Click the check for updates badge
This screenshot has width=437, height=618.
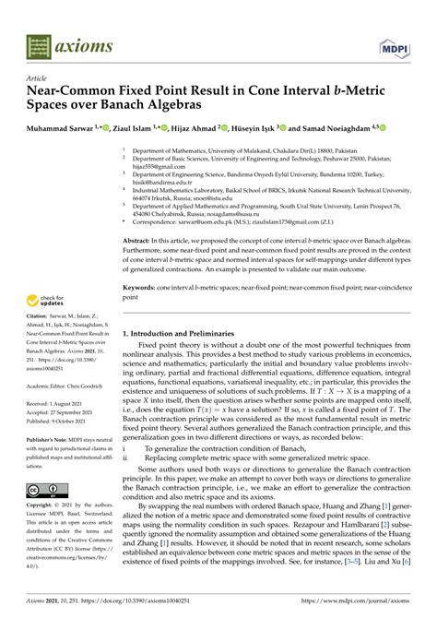pos(46,300)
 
